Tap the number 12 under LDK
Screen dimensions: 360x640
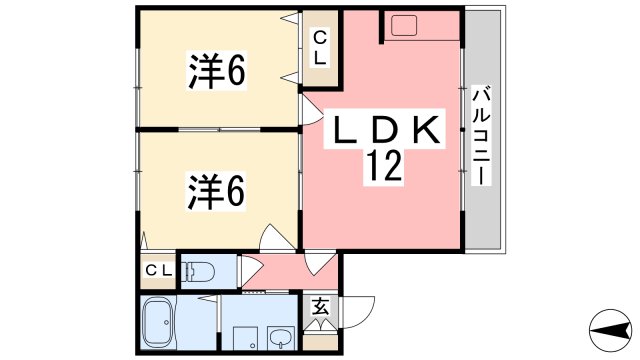pos(386,165)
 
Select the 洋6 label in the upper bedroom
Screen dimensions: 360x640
pos(217,70)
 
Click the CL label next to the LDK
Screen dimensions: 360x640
pos(319,47)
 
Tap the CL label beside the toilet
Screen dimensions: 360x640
pos(158,270)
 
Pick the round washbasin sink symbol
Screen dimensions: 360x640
pos(280,337)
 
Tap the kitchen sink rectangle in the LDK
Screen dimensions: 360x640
pos(409,25)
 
